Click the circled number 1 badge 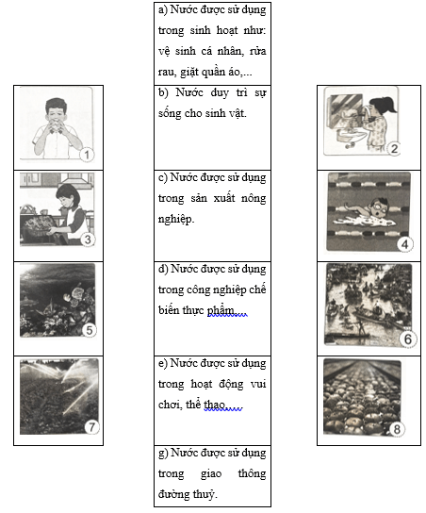coord(87,155)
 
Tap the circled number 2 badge coord(394,149)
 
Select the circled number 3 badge coord(88,240)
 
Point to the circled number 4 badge coord(404,244)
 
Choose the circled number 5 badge coord(90,330)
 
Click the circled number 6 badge coord(408,339)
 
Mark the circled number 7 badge coord(91,426)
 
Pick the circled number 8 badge coord(397,429)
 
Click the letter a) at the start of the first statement coord(162,10)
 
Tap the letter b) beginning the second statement coord(163,93)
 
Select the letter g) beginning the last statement coord(163,454)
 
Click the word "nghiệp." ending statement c coord(176,219)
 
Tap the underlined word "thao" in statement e coord(215,405)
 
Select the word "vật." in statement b coord(236,113)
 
